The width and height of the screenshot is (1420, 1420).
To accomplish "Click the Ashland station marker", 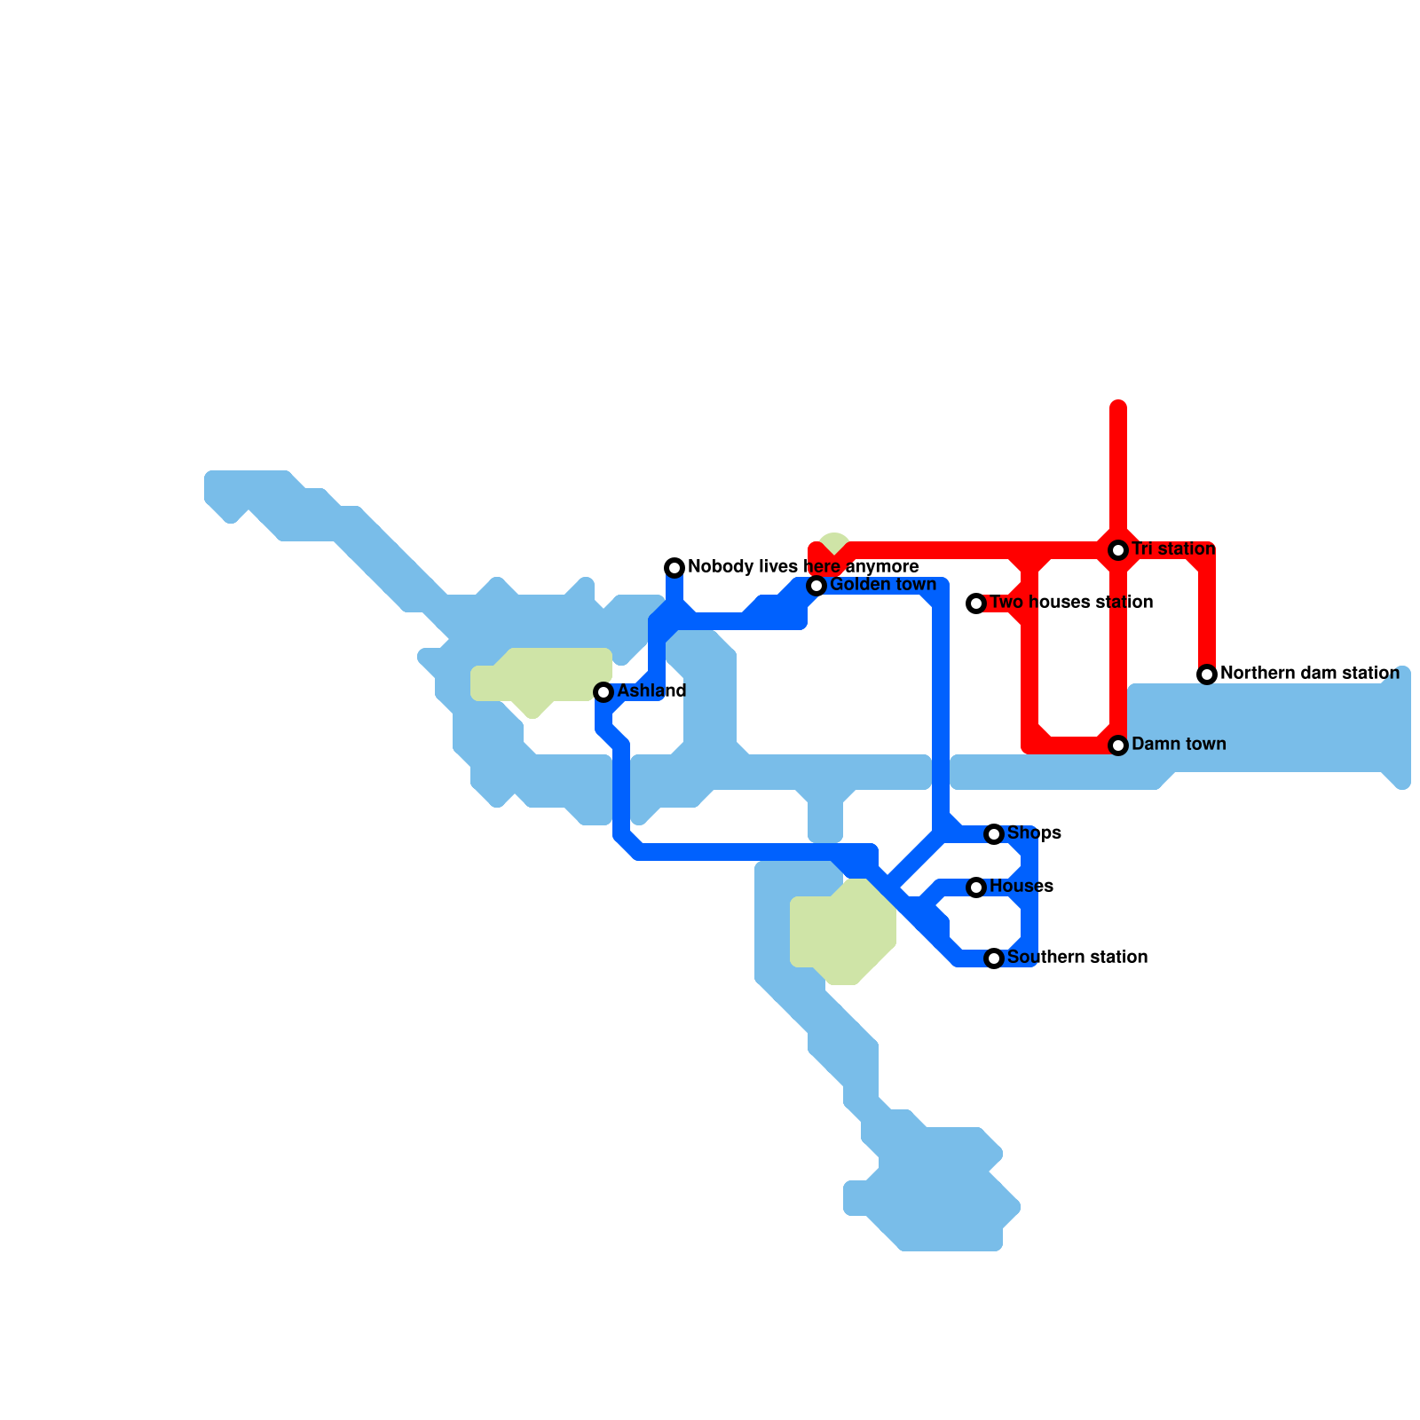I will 603,692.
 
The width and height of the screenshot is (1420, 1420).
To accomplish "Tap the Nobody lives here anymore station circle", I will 674,568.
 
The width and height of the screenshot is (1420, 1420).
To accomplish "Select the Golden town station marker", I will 816,586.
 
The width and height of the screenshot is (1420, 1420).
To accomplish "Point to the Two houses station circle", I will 976,603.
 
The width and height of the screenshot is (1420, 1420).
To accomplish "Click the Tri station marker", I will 1118,550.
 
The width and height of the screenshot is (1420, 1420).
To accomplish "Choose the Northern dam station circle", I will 1207,674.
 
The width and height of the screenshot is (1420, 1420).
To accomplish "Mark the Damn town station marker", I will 1118,745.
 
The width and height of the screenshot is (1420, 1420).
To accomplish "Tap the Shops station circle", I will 994,834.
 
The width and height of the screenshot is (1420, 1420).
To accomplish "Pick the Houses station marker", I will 976,887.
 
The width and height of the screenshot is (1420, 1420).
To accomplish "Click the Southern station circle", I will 994,958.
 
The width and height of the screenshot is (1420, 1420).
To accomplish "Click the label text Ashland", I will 651,690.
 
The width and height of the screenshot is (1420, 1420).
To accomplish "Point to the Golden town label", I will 883,585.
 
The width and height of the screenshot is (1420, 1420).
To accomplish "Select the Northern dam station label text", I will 1309,674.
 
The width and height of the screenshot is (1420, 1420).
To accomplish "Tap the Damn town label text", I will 1179,744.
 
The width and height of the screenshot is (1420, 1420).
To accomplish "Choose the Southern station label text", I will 1077,957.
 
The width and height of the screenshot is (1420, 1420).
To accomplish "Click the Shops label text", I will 1034,832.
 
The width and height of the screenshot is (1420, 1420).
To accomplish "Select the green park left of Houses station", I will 840,932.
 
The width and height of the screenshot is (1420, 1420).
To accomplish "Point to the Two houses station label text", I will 1071,603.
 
